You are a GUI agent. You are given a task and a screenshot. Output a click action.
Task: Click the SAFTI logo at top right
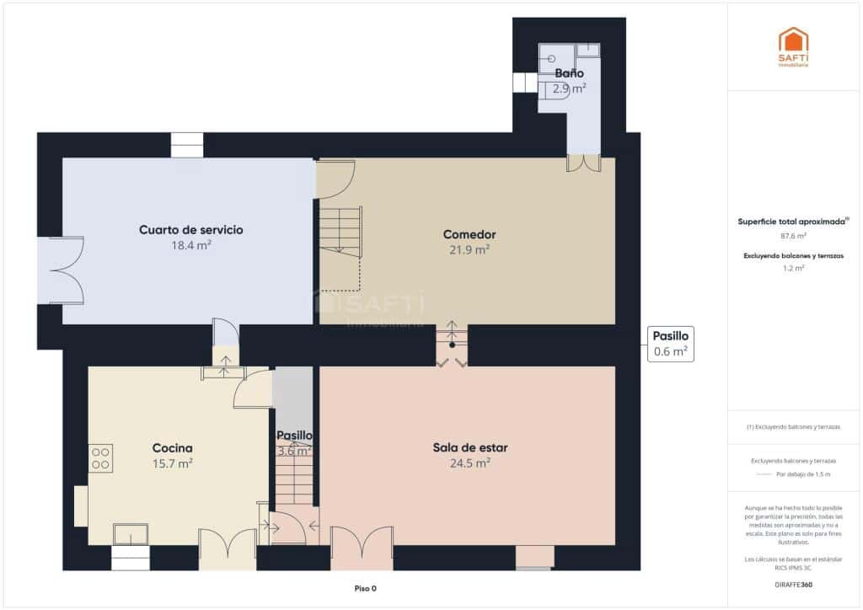793,46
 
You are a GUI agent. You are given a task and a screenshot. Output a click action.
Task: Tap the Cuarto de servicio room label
191,230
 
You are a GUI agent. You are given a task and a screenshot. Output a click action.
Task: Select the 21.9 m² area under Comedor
469,249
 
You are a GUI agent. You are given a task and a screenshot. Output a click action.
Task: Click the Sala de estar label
469,447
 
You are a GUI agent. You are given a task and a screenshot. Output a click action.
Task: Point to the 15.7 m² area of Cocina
173,463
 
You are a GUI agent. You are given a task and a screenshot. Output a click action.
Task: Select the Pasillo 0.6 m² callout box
671,344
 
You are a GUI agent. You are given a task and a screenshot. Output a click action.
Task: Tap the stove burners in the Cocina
101,457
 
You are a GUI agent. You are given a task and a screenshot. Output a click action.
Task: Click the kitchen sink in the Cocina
131,534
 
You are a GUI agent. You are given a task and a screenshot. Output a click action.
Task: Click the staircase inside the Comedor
340,231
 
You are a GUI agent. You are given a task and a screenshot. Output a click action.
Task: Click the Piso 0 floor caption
365,589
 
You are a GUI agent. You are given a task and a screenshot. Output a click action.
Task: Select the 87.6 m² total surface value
793,236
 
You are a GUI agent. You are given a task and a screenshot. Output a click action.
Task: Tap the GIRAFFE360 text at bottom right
793,584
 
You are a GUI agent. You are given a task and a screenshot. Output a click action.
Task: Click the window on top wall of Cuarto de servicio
187,145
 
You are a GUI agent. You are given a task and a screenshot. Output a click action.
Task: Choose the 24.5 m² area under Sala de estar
469,463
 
